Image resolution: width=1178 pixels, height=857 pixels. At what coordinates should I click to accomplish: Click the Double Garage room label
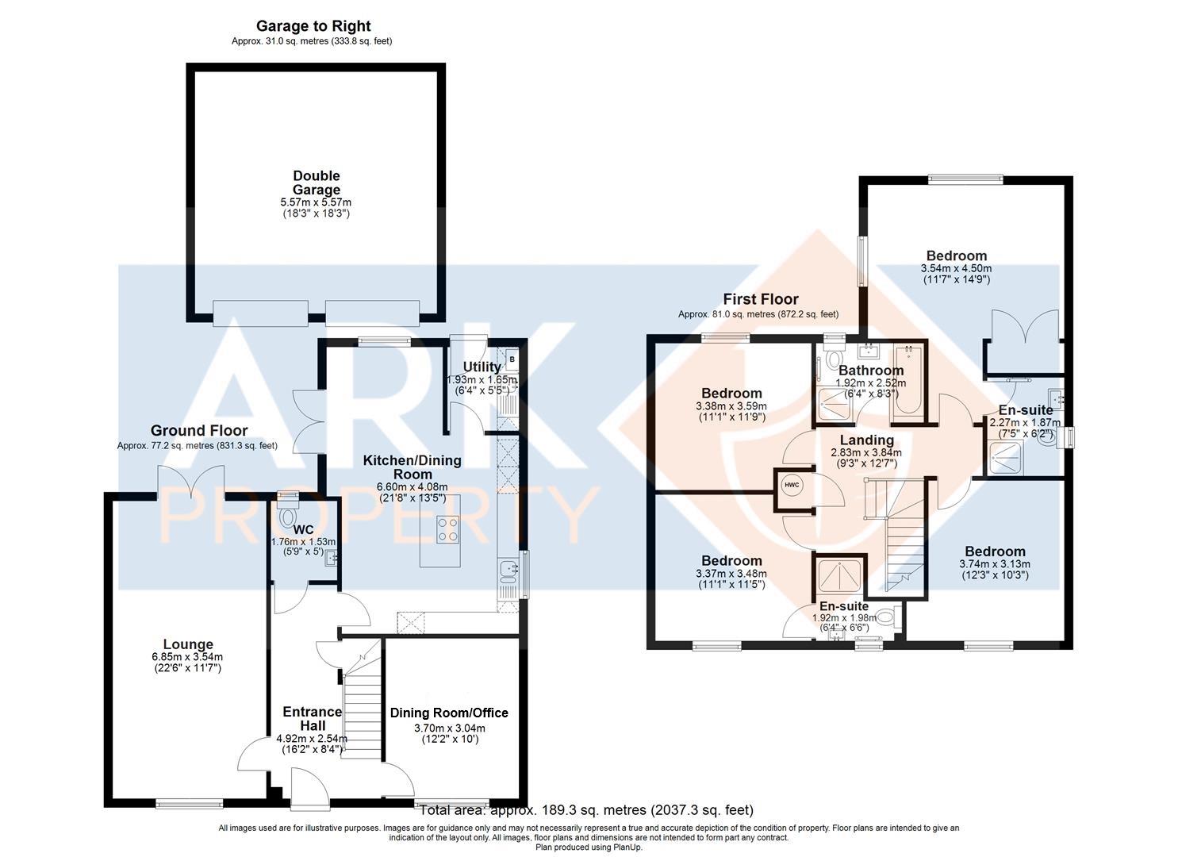[x=316, y=183]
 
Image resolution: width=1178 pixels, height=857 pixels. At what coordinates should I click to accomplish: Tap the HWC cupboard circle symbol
[x=792, y=485]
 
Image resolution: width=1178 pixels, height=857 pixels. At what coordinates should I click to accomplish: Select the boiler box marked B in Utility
[x=512, y=359]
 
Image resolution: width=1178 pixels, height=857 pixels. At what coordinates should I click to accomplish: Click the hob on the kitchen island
[x=447, y=529]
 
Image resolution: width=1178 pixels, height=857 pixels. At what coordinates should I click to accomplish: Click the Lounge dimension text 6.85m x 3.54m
[x=187, y=657]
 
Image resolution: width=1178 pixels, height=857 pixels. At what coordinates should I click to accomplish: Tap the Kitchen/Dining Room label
[x=412, y=467]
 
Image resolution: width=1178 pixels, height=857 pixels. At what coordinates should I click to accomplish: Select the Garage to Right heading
[x=313, y=25]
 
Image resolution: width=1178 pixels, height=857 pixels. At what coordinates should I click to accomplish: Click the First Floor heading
[x=761, y=299]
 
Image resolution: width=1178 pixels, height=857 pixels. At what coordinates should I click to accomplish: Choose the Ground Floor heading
[x=199, y=430]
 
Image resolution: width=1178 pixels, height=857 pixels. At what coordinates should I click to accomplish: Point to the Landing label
[x=867, y=440]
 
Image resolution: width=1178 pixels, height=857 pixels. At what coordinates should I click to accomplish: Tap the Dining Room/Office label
[x=449, y=713]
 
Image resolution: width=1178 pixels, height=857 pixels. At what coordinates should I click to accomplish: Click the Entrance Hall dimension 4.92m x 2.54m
[x=312, y=739]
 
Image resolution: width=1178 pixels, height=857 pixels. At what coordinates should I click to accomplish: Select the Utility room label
[x=482, y=367]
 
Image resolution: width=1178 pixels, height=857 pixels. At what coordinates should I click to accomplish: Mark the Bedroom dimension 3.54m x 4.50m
[x=956, y=268]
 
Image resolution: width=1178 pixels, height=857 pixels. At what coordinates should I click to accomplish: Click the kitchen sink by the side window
[x=508, y=569]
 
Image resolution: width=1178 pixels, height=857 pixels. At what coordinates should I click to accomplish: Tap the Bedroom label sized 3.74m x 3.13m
[x=995, y=551]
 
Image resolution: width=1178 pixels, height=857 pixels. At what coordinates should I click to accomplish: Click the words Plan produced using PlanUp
[x=589, y=847]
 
